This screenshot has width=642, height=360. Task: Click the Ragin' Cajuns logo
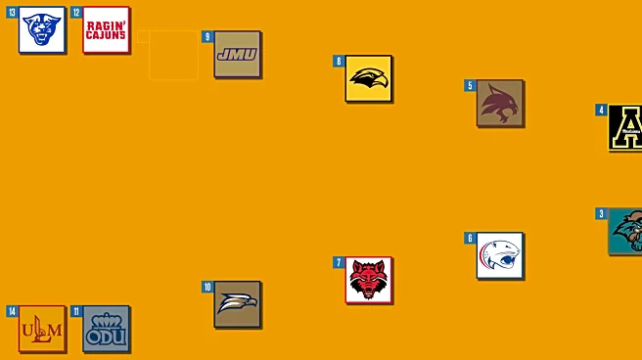(106, 29)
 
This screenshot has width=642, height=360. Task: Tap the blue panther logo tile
(42, 29)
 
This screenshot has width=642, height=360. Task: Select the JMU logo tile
(237, 54)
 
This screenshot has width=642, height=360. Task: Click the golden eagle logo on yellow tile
(368, 78)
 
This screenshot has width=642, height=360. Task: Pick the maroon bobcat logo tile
(499, 103)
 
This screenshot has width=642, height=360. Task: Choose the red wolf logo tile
(368, 280)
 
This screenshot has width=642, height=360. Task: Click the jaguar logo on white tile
(499, 255)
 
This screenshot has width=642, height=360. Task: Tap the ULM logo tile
(42, 329)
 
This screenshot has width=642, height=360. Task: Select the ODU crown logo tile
(106, 329)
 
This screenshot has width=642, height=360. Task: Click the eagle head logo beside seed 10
(237, 304)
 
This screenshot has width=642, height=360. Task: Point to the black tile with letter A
(625, 127)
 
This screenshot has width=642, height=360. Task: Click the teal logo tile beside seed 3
(625, 231)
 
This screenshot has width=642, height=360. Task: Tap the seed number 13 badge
(13, 13)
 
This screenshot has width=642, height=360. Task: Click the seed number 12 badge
(76, 13)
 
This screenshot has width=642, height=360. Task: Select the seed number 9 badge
(207, 37)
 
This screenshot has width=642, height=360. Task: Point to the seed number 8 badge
(339, 61)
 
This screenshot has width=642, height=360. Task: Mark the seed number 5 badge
(470, 85)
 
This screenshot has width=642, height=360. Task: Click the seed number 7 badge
(339, 262)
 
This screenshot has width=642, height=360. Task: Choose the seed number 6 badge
(470, 238)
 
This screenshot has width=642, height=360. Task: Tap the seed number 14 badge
(13, 311)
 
